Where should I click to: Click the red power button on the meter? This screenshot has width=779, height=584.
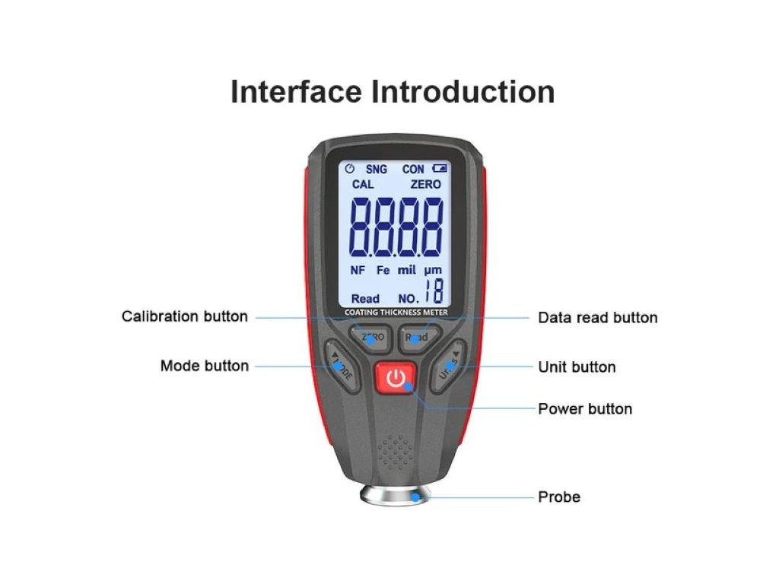point(394,378)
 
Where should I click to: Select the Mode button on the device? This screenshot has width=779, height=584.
point(342,367)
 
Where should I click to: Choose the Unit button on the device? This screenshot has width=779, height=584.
point(447,367)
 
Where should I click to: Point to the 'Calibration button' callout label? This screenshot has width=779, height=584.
point(185,316)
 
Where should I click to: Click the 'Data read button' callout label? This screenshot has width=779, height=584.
point(597,317)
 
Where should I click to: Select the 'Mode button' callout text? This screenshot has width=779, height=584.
point(204,366)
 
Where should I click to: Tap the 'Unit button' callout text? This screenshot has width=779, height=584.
point(577,367)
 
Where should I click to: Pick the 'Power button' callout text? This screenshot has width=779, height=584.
point(584,408)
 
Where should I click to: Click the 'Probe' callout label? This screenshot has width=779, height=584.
point(559,497)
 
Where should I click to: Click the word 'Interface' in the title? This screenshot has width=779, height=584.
point(296,92)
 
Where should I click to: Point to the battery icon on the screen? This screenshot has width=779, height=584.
point(439,169)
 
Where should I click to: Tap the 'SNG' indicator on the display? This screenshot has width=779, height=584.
point(376,169)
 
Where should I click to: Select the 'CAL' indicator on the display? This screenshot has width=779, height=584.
point(363,184)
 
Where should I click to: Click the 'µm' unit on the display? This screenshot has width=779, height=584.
point(433,270)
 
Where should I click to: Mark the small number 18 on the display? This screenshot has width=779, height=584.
point(434,291)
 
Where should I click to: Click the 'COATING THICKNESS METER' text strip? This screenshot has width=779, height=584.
point(396,313)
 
